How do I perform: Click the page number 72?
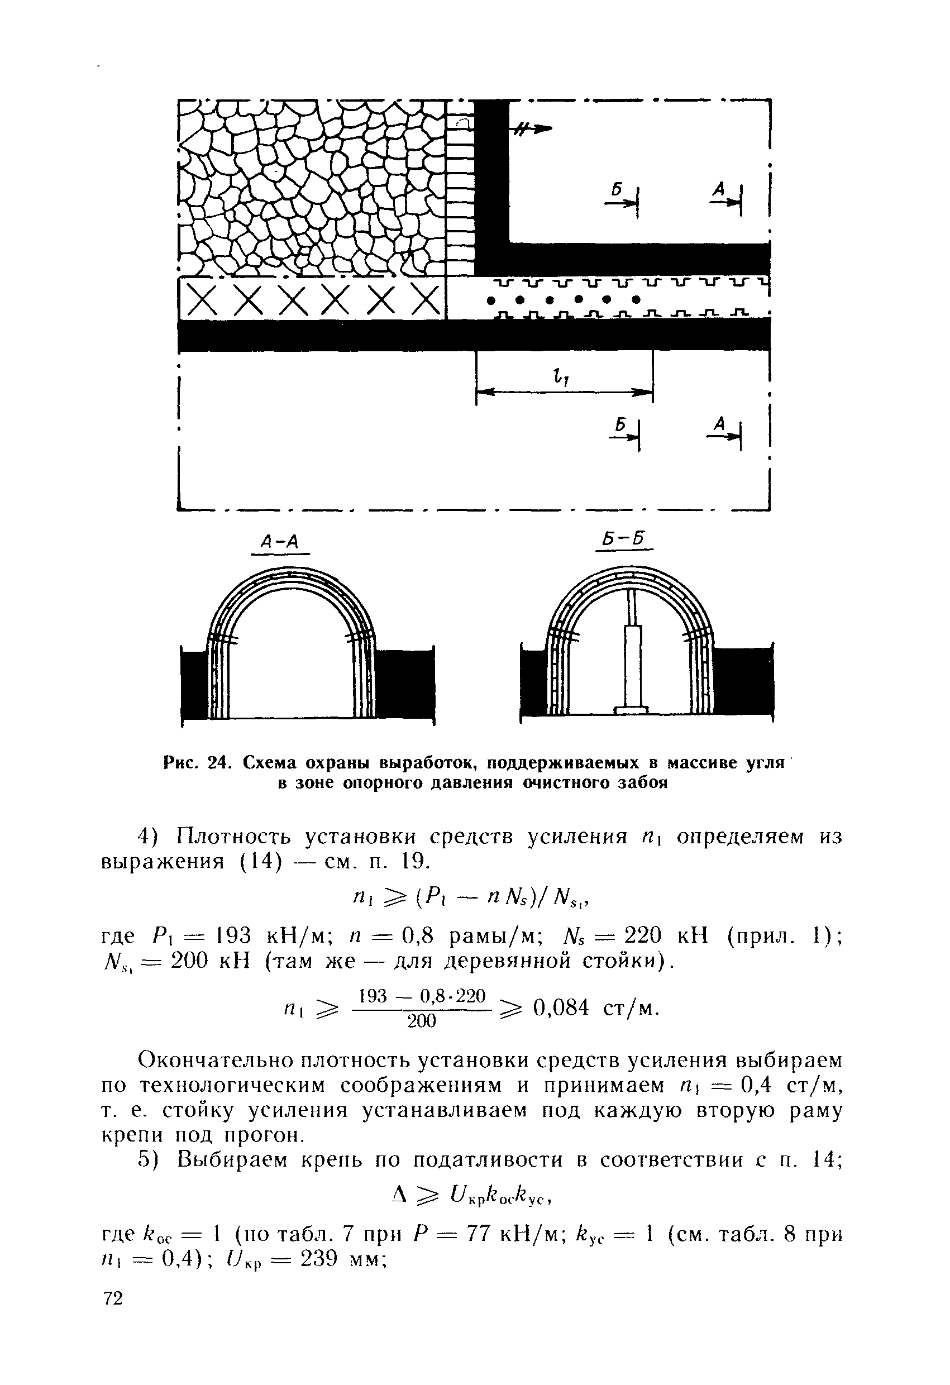tap(113, 1349)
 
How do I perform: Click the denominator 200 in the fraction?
tap(421, 1021)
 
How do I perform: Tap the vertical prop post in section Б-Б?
tap(632, 662)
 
